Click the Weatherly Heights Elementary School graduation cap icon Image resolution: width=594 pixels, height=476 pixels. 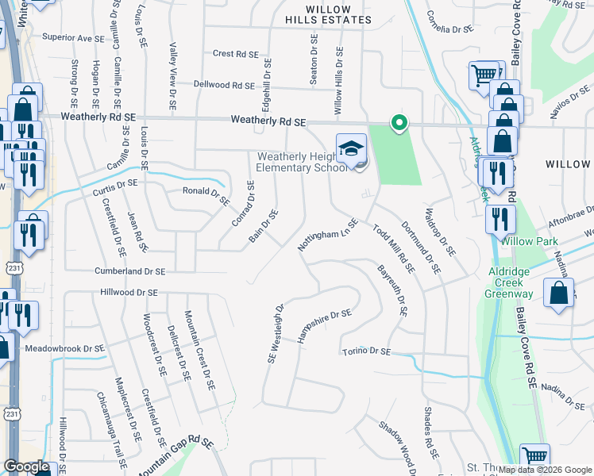click(351, 147)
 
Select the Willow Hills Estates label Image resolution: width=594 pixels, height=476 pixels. click(328, 13)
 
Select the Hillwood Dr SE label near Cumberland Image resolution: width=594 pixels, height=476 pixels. click(130, 293)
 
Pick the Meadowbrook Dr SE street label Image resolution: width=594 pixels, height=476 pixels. click(65, 348)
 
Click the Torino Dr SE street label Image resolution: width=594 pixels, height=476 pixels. click(367, 351)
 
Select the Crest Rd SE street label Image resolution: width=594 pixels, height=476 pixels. click(236, 55)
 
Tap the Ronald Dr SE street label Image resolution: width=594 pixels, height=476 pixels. click(206, 191)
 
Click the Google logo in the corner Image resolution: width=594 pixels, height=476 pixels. click(26, 466)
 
